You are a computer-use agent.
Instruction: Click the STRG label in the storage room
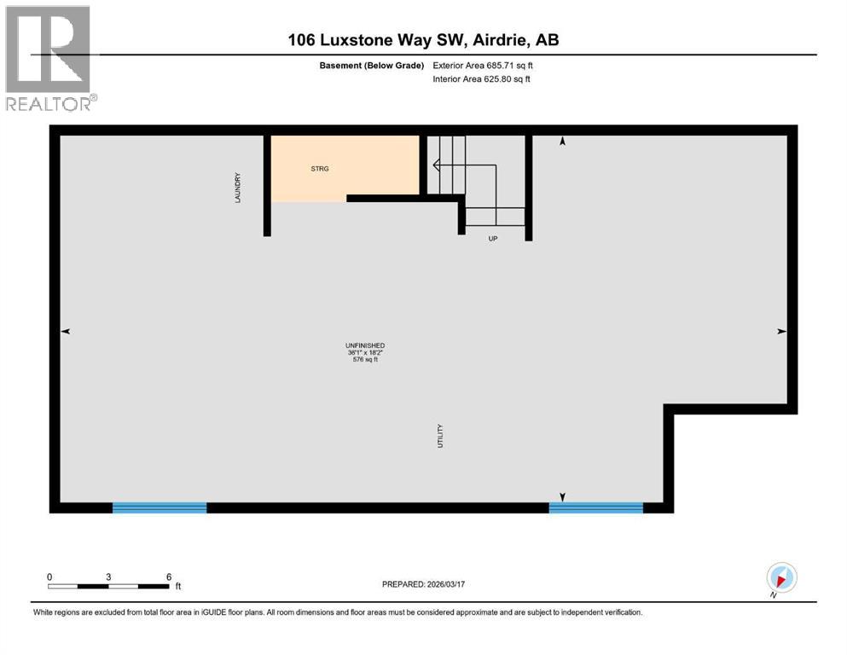320,169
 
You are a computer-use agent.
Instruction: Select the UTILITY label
440,437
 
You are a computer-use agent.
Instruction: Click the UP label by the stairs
492,239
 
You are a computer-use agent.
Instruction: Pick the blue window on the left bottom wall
160,507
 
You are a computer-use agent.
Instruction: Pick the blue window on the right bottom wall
595,507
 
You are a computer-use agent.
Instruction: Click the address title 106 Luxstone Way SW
424,40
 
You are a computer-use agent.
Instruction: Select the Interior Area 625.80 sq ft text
483,79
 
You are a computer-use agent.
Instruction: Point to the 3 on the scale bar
108,577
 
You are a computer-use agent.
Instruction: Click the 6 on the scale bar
168,577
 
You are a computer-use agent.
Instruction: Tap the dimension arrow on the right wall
781,332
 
